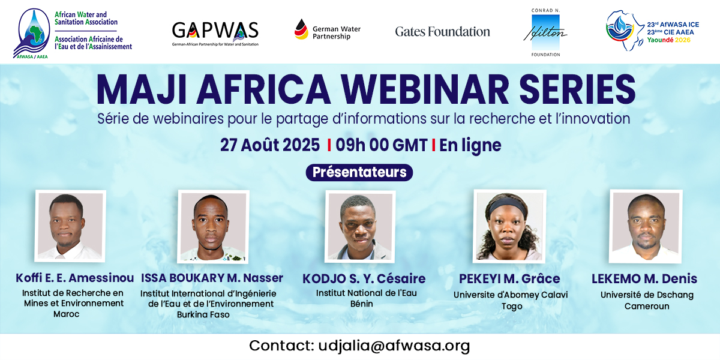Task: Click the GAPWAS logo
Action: point(215,34)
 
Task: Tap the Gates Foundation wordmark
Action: point(443,31)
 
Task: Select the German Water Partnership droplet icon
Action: point(301,29)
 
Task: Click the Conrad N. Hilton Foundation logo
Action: point(545,32)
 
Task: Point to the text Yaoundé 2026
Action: point(668,40)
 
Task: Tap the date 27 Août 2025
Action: point(269,145)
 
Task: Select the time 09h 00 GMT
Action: point(382,145)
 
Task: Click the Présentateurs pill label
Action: point(359,172)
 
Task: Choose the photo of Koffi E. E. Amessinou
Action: point(70,226)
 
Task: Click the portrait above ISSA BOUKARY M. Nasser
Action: point(214,227)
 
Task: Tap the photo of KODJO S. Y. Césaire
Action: point(360,227)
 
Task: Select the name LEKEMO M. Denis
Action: point(644,278)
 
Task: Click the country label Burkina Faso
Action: point(203,314)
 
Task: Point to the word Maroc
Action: point(66,314)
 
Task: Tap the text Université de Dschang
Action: point(647,295)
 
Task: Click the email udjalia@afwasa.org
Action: point(394,346)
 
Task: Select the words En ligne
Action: point(470,145)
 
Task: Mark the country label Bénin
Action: point(362,304)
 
